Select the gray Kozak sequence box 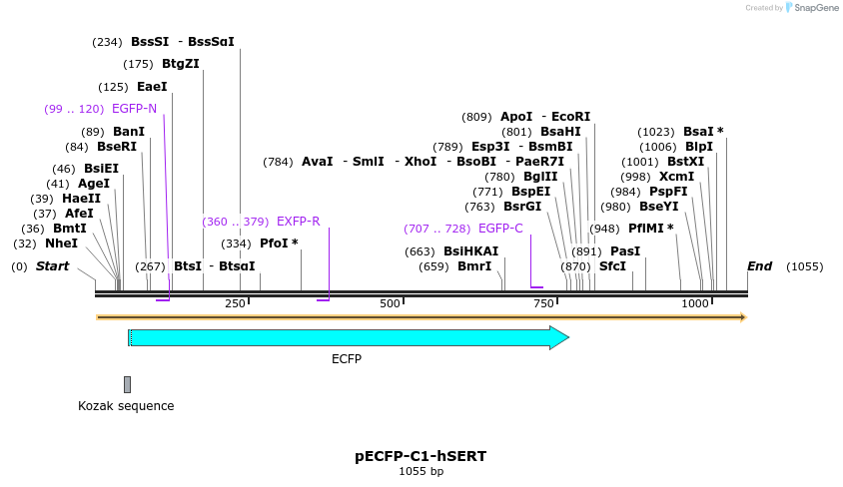(x=127, y=384)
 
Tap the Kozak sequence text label (x=126, y=406)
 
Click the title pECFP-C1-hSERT (x=421, y=456)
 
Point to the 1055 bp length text (x=421, y=471)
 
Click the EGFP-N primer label (x=134, y=109)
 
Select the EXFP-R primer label (x=298, y=222)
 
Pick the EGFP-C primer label (x=500, y=229)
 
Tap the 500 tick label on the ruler (x=390, y=303)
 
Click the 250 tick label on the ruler (x=235, y=303)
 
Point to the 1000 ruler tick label (x=694, y=303)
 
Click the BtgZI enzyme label (x=181, y=64)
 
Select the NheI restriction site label (x=61, y=243)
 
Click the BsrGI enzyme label (x=522, y=207)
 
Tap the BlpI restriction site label (x=699, y=147)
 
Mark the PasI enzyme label (x=625, y=251)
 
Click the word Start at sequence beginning (x=53, y=266)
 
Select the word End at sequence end (x=760, y=266)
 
